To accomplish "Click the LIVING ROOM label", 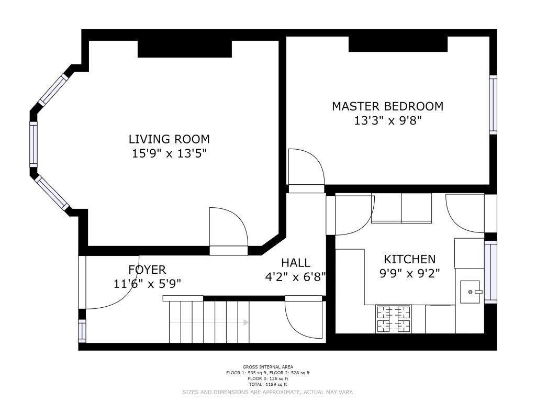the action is pos(169,139).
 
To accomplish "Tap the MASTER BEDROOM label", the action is pos(388,106).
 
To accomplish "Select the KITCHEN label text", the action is pos(409,260).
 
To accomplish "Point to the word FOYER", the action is pos(147,270).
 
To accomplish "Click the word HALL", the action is pos(296,263).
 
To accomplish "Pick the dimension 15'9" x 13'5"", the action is pos(170,153).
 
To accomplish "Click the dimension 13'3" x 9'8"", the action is pos(387,121).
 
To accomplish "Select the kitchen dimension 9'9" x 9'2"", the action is pos(409,273).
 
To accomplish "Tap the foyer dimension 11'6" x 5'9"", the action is pos(147,284).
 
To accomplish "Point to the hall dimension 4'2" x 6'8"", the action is pos(295,277).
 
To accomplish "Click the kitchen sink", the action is pos(471,292).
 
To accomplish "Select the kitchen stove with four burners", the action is pos(394,319).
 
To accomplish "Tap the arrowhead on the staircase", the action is pos(246,322).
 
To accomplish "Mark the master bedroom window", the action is pos(493,105).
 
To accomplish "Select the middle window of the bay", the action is pos(33,144).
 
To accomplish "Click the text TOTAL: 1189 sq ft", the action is pos(267,385).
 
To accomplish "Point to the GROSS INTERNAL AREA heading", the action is pos(267,367).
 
